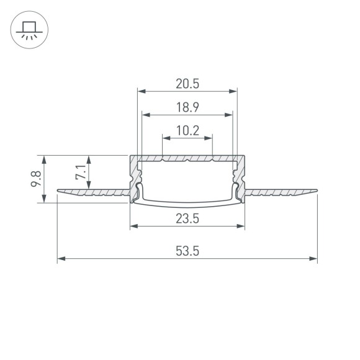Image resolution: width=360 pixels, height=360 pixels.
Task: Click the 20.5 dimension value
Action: click(187, 83)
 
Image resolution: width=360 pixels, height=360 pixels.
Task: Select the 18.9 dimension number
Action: click(187, 107)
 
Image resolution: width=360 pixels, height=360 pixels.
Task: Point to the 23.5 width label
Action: click(187, 218)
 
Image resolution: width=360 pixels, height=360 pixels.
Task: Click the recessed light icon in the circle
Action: click(29, 31)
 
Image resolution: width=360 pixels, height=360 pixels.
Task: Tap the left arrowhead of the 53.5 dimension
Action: click(60, 258)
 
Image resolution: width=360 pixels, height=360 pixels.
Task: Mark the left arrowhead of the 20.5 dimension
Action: click(140, 91)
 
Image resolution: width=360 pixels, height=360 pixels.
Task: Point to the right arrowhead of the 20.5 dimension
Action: click(234, 91)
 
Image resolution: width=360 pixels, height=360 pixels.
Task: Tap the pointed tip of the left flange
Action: click(58, 191)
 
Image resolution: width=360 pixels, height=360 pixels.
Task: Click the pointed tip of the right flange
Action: click(316, 191)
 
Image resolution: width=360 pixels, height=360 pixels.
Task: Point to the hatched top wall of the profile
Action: click(187, 159)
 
